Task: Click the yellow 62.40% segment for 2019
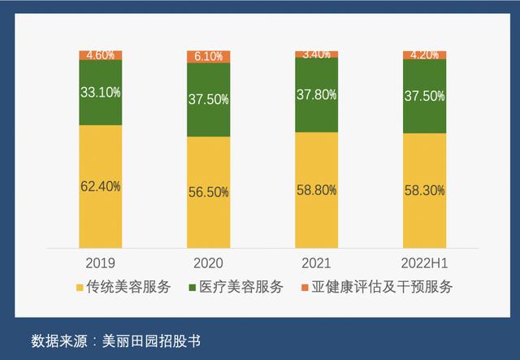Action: pos(100,186)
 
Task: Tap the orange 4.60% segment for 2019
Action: pos(100,54)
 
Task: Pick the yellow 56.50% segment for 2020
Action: pos(209,192)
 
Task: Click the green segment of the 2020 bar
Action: pos(209,100)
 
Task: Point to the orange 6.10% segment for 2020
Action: pos(209,57)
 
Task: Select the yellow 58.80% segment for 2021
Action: pos(316,189)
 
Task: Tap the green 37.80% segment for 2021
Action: pos(316,93)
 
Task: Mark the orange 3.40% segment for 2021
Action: pos(316,54)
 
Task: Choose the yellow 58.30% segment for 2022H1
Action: pos(424,190)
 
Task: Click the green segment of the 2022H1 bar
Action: pos(424,96)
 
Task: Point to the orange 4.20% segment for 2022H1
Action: pos(424,54)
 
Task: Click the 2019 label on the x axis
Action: pos(100,262)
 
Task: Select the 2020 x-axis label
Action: pos(209,262)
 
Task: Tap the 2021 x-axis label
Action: pos(316,262)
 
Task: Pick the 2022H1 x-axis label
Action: pos(424,262)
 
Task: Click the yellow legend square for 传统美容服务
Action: pos(79,287)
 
